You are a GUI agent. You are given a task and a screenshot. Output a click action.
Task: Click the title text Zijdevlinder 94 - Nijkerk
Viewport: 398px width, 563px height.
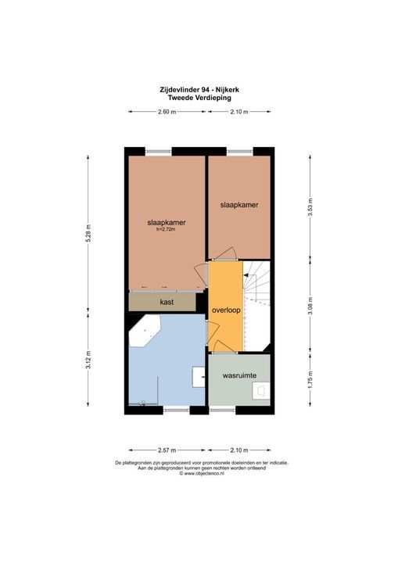199,89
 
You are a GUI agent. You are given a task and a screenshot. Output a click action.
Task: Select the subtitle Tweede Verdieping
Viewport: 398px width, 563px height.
199,98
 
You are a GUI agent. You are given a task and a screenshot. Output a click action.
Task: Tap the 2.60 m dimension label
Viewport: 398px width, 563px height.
166,113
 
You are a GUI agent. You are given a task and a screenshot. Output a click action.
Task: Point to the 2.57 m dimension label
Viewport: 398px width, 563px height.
166,450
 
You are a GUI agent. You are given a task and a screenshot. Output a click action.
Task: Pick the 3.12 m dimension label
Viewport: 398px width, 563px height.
88,359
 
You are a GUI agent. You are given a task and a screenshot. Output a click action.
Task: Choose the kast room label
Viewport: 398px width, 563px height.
166,301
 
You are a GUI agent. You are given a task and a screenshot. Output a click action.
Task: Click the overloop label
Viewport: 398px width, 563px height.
226,310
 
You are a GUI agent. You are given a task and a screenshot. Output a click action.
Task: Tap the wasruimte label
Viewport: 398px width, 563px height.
240,376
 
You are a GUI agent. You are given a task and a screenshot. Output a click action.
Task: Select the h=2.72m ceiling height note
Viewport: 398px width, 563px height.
166,230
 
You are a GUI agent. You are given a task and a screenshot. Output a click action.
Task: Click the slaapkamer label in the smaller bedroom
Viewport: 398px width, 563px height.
238,205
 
